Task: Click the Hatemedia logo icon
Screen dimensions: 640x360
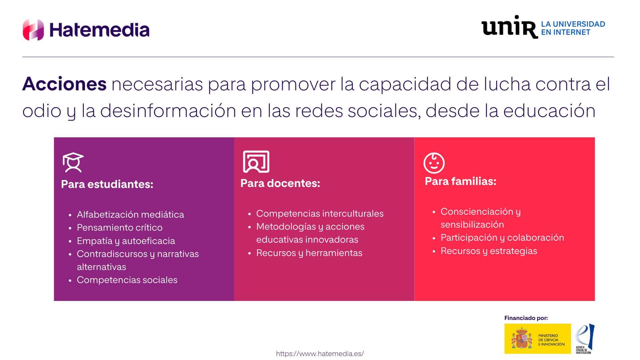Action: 33,30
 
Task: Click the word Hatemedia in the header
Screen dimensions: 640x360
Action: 99,30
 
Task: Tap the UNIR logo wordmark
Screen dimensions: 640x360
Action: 510,27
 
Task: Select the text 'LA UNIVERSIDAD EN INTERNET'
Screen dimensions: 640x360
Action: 573,28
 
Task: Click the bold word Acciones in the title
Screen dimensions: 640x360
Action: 64,84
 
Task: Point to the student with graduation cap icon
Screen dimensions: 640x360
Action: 73,162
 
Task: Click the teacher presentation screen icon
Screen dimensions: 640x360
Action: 256,162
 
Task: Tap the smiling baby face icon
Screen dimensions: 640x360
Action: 434,163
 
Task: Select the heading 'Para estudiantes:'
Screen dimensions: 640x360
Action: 107,184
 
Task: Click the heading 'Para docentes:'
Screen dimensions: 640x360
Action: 280,183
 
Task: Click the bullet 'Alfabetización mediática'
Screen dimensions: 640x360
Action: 130,214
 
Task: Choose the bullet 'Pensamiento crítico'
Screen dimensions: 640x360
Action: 120,227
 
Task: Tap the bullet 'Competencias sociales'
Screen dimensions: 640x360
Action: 127,280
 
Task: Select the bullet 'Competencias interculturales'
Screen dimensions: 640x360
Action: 320,213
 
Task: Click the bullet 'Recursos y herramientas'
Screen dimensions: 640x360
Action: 309,253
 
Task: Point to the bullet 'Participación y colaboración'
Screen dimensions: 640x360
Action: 502,237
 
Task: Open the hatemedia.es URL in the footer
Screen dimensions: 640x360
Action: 320,354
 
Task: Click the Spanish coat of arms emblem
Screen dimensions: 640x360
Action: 522,338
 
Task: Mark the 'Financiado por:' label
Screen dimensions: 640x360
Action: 526,318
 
